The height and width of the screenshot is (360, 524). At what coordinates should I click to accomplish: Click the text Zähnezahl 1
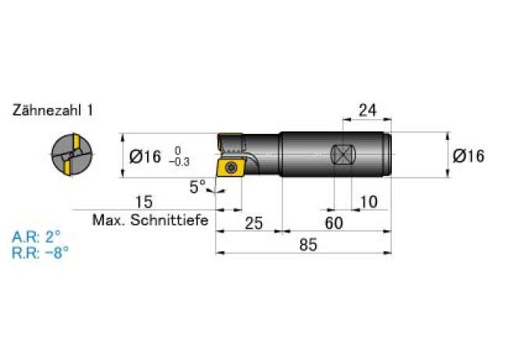click(52, 110)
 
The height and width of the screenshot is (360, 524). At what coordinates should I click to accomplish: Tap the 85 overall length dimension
click(308, 245)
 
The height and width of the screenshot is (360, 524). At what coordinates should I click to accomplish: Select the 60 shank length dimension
click(334, 223)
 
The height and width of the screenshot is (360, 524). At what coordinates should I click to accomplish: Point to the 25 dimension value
click(254, 223)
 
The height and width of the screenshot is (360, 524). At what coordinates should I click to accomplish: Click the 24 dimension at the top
click(368, 110)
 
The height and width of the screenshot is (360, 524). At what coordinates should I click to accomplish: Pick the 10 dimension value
click(369, 202)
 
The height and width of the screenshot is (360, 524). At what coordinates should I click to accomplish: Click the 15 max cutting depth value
click(144, 202)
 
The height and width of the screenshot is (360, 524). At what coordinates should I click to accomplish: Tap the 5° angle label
click(198, 186)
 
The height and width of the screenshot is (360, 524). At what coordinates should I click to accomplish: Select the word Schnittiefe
click(169, 220)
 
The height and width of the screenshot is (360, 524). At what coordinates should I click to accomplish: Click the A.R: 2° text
click(37, 237)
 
